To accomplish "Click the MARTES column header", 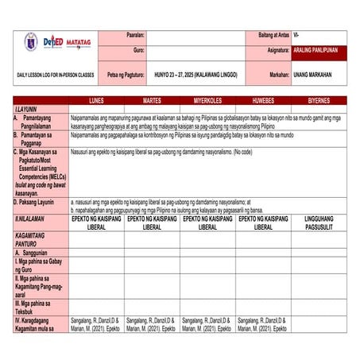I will [152, 102].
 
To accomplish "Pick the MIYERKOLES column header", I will [207, 102].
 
